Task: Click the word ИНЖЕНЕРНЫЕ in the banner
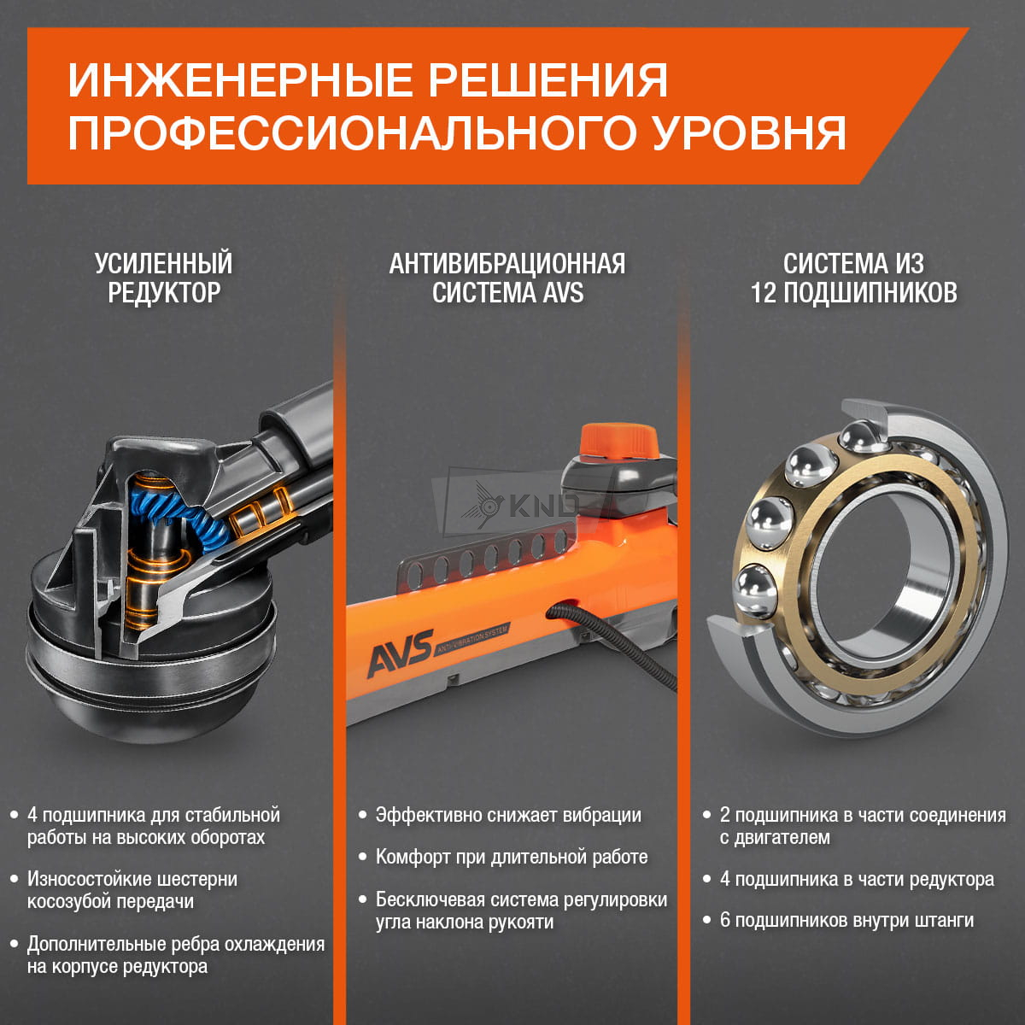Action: [x=240, y=81]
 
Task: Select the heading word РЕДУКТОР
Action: [x=164, y=293]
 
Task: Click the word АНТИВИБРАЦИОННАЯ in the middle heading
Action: [x=507, y=264]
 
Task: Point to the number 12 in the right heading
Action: [x=764, y=293]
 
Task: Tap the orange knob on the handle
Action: [x=618, y=441]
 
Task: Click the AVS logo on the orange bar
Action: [x=401, y=653]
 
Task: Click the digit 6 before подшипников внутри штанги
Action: [x=725, y=920]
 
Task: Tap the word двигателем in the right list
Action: [x=775, y=837]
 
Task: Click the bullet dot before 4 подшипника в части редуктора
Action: [x=707, y=879]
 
